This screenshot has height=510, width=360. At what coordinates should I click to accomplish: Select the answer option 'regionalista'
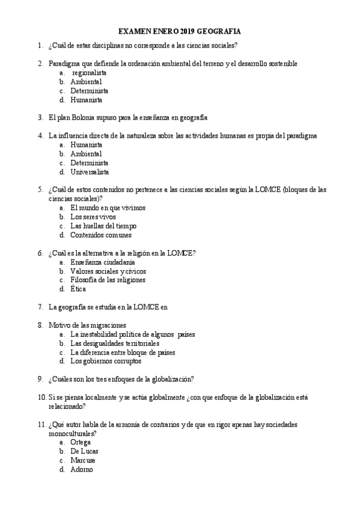[90, 72]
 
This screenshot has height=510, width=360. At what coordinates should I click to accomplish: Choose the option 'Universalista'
[91, 171]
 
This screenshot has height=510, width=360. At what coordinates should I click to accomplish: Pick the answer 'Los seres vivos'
[93, 217]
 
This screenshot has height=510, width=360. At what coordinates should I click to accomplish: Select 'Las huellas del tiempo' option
[103, 226]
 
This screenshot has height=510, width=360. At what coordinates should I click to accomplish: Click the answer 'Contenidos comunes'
[100, 235]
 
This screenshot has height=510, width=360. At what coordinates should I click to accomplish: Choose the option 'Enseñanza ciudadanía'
[102, 262]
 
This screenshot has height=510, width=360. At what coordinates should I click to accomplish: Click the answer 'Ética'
[78, 289]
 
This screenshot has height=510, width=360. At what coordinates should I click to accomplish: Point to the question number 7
[40, 307]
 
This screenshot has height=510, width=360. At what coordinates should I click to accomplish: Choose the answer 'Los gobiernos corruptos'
[105, 361]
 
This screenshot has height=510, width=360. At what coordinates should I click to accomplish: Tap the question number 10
[41, 397]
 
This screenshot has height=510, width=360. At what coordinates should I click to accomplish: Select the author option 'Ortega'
[81, 442]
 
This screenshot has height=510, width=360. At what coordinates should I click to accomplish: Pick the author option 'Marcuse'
[83, 460]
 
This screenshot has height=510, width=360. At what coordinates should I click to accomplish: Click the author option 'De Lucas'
[84, 451]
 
